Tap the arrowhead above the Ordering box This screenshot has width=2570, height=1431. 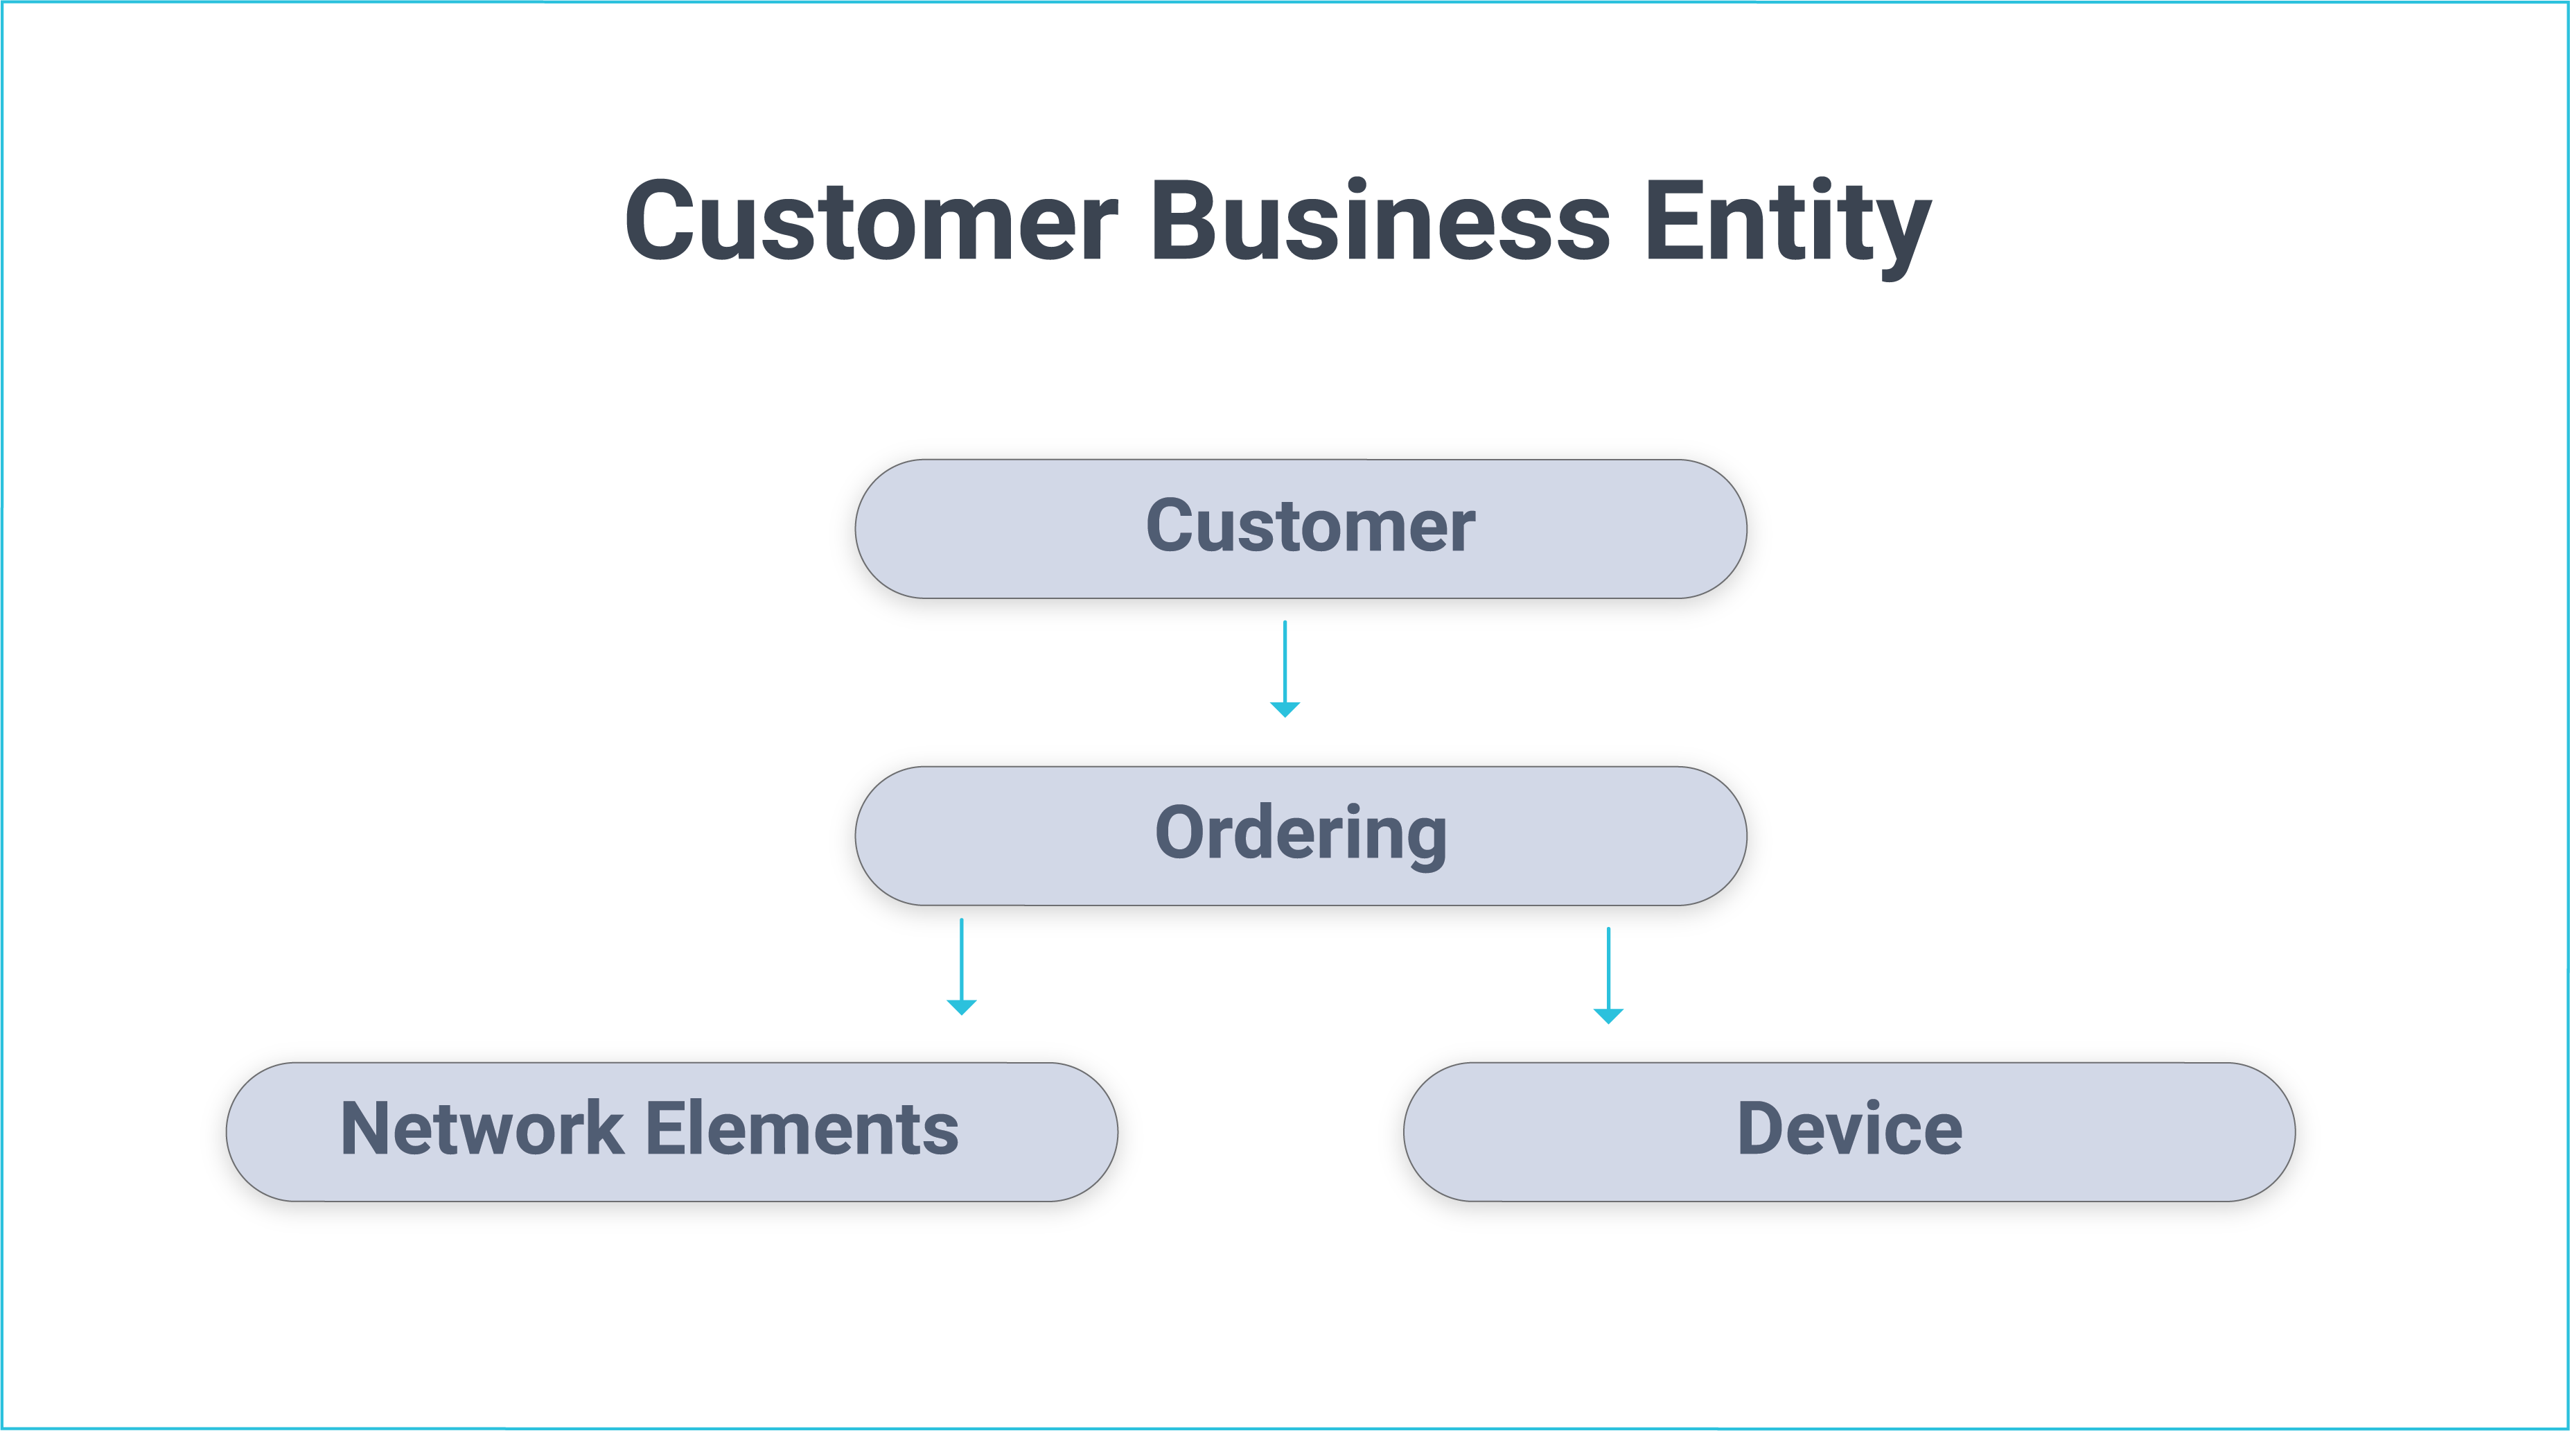click(1285, 709)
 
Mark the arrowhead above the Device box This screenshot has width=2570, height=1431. click(1608, 1015)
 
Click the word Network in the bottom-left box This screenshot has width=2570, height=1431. click(481, 1129)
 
